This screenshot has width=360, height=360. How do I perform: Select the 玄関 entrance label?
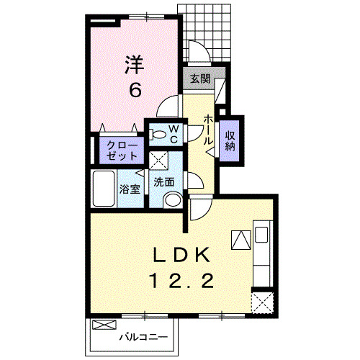click(200, 78)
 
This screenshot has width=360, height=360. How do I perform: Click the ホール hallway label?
click(208, 129)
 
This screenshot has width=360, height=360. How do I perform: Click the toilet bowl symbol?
click(158, 132)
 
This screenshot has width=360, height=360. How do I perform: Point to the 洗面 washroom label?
click(163, 182)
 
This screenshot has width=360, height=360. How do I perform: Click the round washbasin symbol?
click(171, 200)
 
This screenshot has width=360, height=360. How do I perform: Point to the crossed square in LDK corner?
click(261, 301)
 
